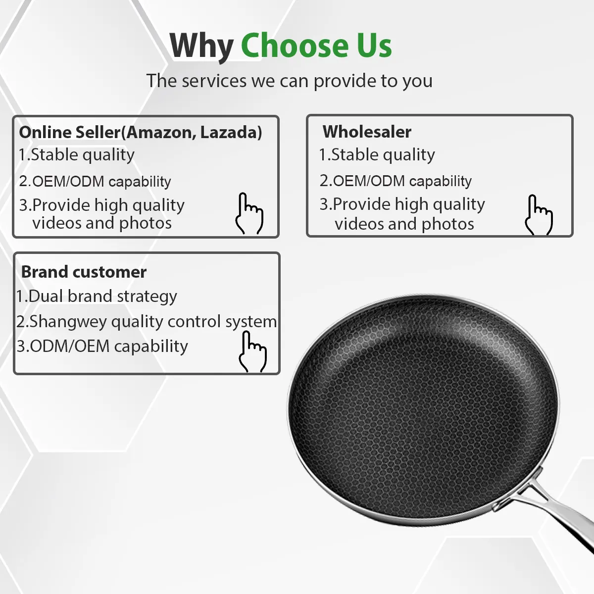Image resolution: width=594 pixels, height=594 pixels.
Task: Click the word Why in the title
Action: [201, 46]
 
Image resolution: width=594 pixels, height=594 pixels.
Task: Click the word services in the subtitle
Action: [214, 81]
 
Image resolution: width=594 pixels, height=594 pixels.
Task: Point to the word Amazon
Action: [161, 133]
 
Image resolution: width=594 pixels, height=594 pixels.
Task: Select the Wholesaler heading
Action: [367, 132]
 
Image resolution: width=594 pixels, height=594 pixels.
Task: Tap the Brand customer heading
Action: [84, 272]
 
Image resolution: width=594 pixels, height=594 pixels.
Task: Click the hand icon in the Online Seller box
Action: [249, 213]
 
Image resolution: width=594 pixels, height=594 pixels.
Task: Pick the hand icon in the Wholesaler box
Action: [539, 215]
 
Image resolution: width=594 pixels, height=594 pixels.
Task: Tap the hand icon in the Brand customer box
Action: [253, 351]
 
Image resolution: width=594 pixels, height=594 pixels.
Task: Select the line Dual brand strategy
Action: [97, 297]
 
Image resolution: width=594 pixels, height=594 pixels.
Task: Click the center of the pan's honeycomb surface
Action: [422, 410]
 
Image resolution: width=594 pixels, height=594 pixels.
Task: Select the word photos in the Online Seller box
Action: [145, 223]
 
